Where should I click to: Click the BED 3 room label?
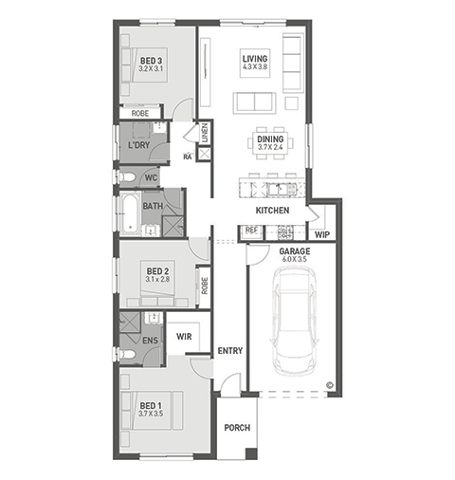click(151, 61)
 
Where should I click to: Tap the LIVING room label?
click(255, 59)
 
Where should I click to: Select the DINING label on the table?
click(270, 139)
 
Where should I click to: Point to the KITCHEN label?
click(272, 211)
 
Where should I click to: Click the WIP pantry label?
click(322, 234)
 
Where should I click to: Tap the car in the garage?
click(295, 321)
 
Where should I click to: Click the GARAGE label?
click(295, 251)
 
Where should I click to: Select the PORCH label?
click(237, 428)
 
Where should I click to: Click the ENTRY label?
click(230, 351)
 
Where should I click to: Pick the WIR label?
click(184, 337)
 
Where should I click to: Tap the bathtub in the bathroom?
click(131, 214)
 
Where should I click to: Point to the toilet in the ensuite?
click(127, 354)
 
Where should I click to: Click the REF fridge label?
click(251, 230)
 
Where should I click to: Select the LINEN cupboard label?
click(205, 133)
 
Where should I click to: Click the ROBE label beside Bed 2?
click(205, 286)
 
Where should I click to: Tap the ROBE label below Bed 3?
click(140, 113)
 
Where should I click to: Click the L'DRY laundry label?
click(138, 145)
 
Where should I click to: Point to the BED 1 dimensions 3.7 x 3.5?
click(151, 414)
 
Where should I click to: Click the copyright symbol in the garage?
click(330, 385)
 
